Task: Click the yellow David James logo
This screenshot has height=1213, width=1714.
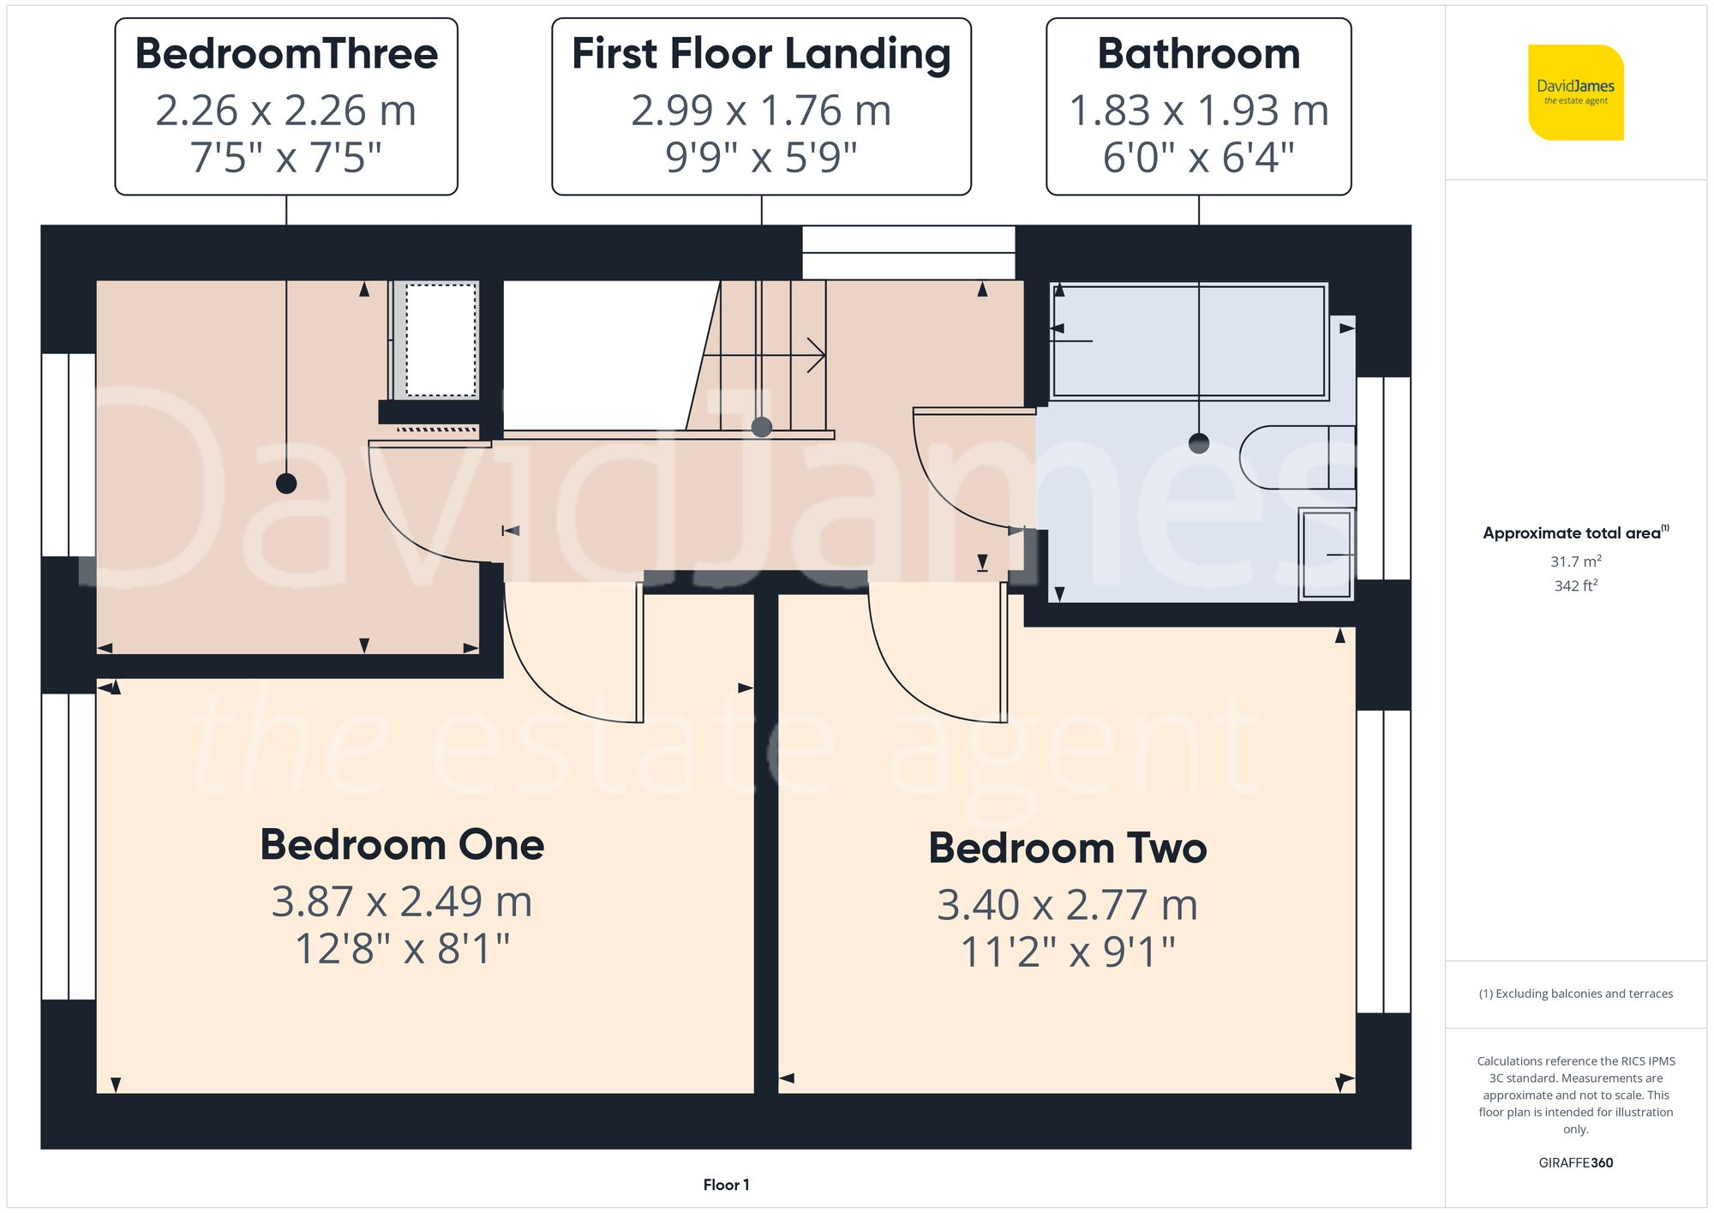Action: pyautogui.click(x=1575, y=93)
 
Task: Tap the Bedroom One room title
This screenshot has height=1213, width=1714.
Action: pyautogui.click(x=402, y=844)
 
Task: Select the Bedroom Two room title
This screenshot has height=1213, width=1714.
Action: pyautogui.click(x=1067, y=848)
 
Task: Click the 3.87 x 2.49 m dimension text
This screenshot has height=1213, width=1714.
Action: pyautogui.click(x=402, y=901)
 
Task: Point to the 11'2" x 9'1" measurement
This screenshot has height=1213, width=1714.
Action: pyautogui.click(x=1067, y=952)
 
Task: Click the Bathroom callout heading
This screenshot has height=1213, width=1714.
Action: pyautogui.click(x=1198, y=53)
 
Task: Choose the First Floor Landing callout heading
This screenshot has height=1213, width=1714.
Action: pyautogui.click(x=761, y=53)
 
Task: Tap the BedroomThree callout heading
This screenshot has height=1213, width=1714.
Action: pyautogui.click(x=286, y=53)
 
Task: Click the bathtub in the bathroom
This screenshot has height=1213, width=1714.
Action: pyautogui.click(x=1189, y=341)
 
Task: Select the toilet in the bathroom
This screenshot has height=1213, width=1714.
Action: pyautogui.click(x=1294, y=457)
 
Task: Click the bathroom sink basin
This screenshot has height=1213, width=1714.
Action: pyautogui.click(x=1326, y=554)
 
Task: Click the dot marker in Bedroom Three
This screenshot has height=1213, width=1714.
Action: pyautogui.click(x=286, y=483)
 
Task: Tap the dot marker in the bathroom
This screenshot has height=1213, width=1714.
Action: pyautogui.click(x=1199, y=443)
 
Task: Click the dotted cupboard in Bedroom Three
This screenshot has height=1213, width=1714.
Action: pyautogui.click(x=440, y=340)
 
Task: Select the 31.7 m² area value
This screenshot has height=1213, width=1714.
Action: pyautogui.click(x=1575, y=561)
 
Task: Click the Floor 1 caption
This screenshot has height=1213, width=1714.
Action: pyautogui.click(x=726, y=1185)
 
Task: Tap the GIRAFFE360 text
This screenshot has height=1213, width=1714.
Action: pyautogui.click(x=1575, y=1162)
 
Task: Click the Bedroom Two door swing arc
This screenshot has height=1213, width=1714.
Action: pyautogui.click(x=908, y=677)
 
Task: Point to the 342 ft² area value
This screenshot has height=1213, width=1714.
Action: pyautogui.click(x=1575, y=585)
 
